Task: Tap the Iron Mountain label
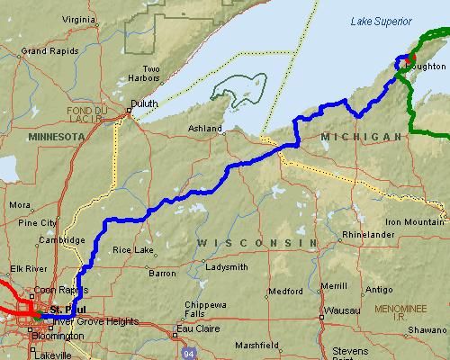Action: pos(416,221)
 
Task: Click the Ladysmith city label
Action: pos(225,267)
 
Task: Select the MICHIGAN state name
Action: pos(360,136)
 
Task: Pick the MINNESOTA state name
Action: pos(55,137)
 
